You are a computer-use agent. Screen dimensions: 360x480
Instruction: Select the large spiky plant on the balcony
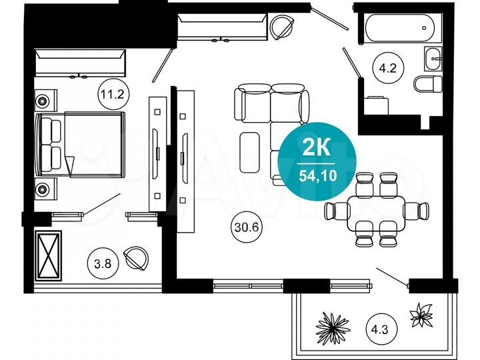coord(333,326)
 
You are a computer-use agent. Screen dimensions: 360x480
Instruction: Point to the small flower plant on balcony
coord(422,315)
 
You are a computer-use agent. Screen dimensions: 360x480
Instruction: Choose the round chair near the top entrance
coord(282,28)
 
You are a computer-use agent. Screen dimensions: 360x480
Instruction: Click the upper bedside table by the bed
coord(43,101)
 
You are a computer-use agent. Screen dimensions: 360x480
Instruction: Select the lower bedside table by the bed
coord(43,188)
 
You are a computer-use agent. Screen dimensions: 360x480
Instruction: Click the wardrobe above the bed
coord(80,63)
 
